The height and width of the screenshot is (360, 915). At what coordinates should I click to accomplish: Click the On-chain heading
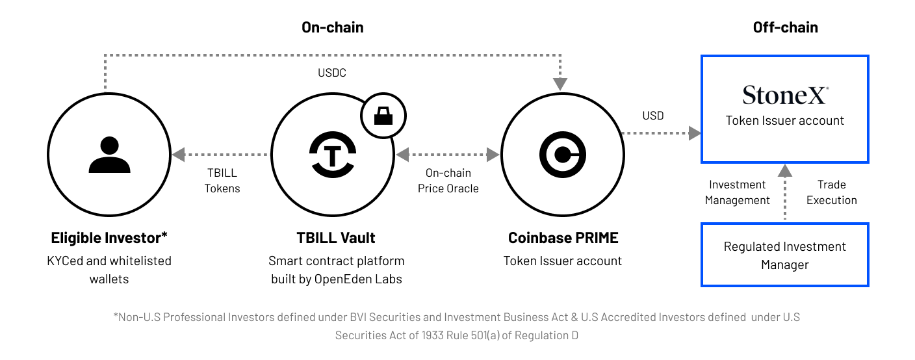click(x=332, y=27)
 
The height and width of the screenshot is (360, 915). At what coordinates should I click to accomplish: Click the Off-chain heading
click(x=785, y=27)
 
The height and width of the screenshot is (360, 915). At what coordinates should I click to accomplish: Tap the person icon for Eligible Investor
click(x=105, y=156)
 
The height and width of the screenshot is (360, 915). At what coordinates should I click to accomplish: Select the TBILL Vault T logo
click(x=332, y=156)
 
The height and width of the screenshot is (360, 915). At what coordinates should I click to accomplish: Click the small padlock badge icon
click(x=383, y=116)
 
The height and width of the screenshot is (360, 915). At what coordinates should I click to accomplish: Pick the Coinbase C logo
click(x=563, y=156)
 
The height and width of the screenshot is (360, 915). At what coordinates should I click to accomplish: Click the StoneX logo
click(x=785, y=96)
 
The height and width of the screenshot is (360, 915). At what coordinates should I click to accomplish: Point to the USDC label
click(x=332, y=73)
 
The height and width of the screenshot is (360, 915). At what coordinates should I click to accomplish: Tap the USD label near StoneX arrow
click(x=653, y=116)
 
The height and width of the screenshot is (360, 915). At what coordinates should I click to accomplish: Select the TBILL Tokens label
click(x=222, y=181)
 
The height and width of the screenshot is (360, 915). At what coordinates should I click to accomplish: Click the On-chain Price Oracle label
click(x=448, y=181)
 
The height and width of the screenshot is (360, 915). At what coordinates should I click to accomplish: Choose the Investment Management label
click(x=737, y=192)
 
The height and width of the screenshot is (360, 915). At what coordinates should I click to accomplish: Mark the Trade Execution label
click(x=831, y=192)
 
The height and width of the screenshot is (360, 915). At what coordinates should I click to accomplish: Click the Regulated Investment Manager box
click(x=785, y=255)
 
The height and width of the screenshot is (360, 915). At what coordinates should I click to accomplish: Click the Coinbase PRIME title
click(x=563, y=238)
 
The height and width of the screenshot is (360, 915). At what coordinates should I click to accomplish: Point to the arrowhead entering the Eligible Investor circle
click(x=178, y=155)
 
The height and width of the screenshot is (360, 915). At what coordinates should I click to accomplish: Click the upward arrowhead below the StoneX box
click(x=785, y=171)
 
